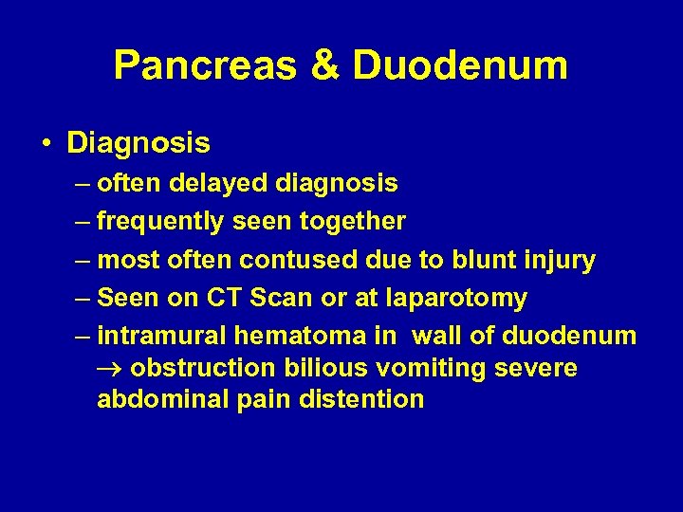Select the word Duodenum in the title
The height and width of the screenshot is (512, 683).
[460, 66]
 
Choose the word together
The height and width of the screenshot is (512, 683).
[353, 222]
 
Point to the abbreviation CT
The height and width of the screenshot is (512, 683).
[220, 298]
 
